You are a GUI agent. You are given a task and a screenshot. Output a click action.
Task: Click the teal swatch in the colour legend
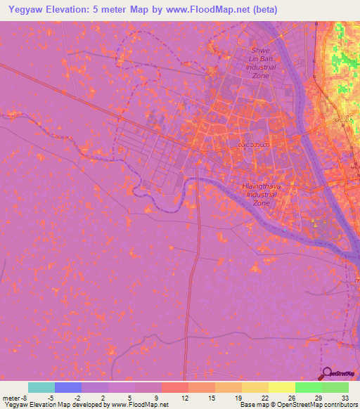tap(41, 387)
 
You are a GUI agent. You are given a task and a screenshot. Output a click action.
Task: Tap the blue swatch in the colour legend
tap(68, 387)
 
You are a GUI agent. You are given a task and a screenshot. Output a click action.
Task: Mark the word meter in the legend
tap(11, 398)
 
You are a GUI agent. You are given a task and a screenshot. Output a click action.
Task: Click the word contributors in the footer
tap(340, 405)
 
